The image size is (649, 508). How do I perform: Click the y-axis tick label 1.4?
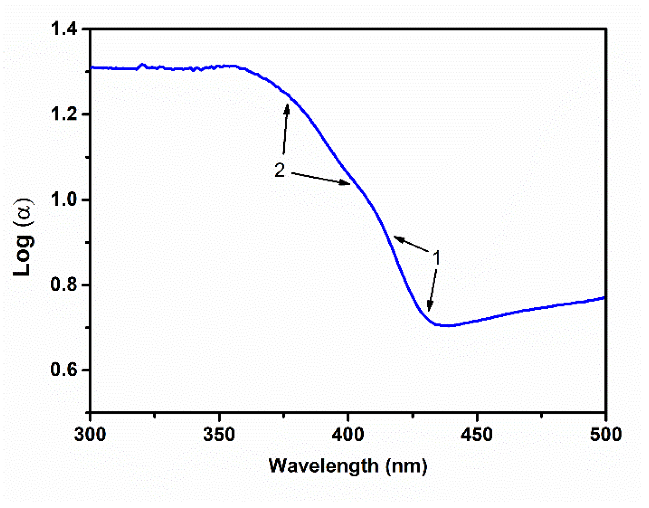point(64,29)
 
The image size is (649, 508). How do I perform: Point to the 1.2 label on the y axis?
point(64,114)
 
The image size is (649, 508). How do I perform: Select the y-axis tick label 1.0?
point(64,200)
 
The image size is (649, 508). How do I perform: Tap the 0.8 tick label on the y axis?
point(64,285)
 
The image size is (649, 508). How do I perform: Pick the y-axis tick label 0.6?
point(64,370)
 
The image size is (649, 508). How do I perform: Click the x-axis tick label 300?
point(90,435)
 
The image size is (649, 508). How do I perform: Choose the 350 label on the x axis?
point(219,435)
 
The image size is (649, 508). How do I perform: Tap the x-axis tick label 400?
point(348,435)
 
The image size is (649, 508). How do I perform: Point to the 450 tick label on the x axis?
point(477,435)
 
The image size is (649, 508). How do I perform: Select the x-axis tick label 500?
point(606,435)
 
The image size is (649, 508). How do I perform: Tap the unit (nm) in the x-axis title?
point(406,466)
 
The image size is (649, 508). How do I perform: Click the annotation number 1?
point(436,258)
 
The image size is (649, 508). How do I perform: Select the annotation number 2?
point(280,171)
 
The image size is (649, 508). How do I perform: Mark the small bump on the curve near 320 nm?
point(142,65)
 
